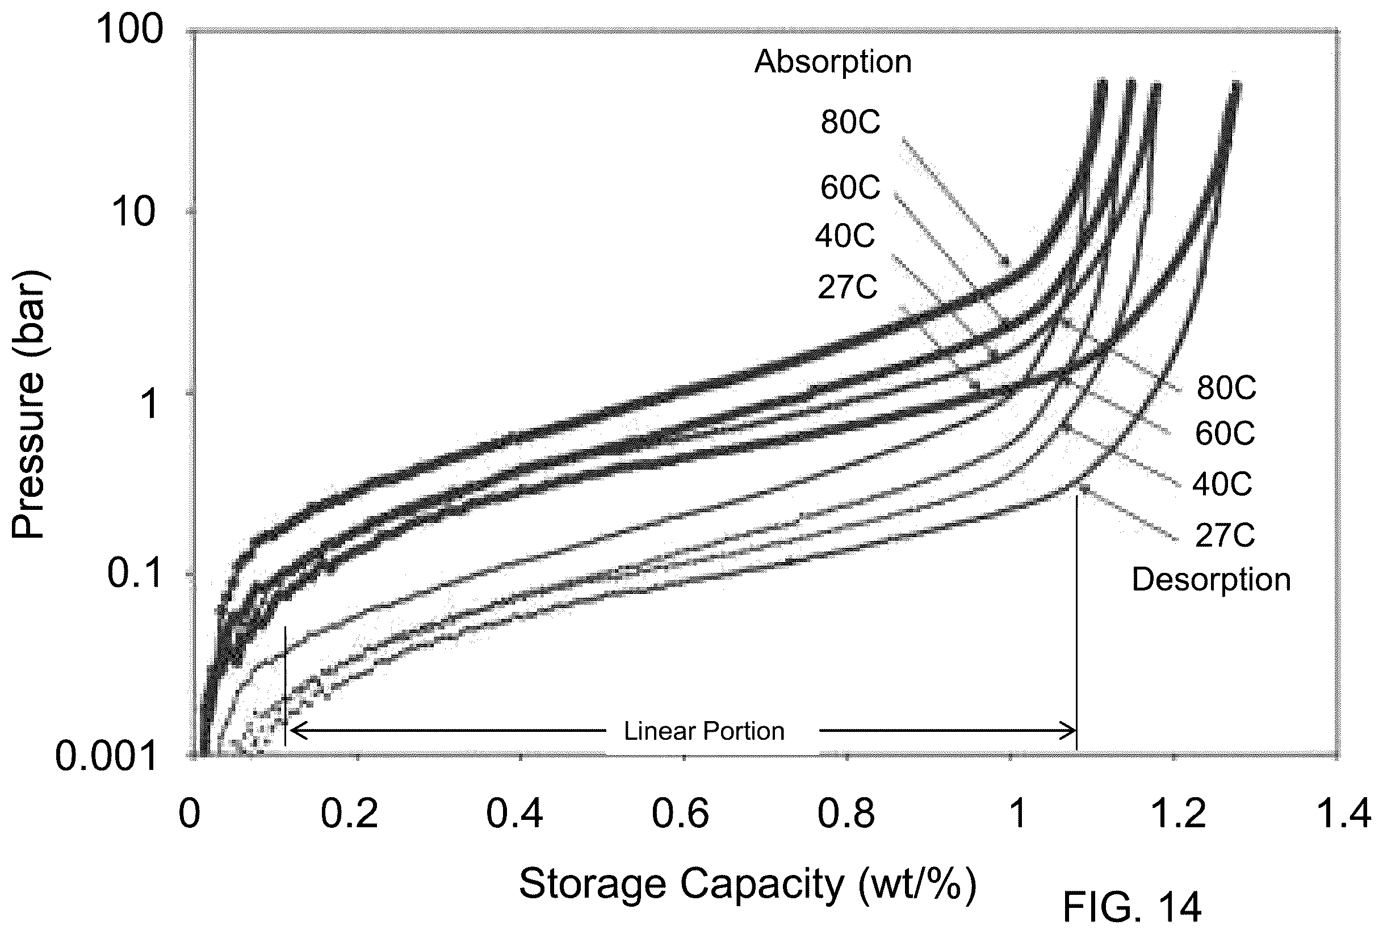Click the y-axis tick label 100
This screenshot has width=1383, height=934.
pos(129,28)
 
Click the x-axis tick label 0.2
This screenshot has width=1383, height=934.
pos(349,813)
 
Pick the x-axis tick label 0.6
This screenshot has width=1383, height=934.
pos(680,813)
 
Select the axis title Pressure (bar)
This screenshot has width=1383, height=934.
pos(28,404)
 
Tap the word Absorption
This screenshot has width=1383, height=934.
pos(833,62)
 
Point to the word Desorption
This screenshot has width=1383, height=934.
pos(1211,580)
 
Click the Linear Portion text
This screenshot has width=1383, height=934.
pos(704,731)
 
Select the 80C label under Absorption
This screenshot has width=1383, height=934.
pos(850,122)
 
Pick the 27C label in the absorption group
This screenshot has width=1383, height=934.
pos(848,287)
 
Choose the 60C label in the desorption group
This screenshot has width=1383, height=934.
pos(1225,433)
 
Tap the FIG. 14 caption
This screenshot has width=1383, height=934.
pos(1132,908)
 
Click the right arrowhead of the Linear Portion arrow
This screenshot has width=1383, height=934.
pos(1069,730)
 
